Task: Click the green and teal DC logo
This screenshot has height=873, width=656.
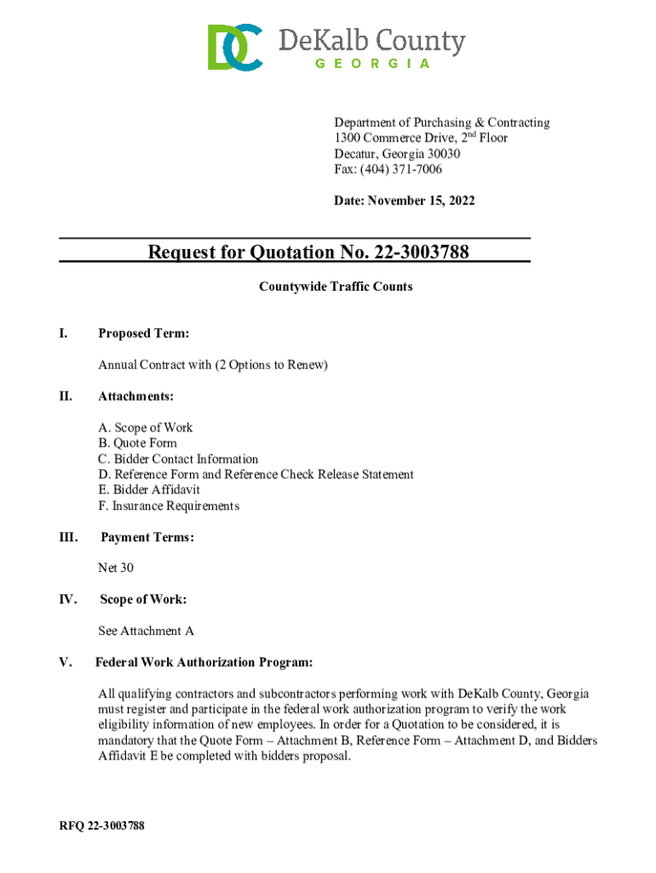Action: (234, 48)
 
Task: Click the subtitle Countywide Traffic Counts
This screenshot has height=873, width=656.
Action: (336, 286)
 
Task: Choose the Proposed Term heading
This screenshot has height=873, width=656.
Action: (144, 333)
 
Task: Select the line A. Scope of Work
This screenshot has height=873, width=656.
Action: (146, 428)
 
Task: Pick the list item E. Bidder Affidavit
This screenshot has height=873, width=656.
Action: (149, 490)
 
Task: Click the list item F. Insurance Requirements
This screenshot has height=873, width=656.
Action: (169, 506)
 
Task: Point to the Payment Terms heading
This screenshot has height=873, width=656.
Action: (147, 538)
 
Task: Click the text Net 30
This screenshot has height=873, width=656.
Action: (116, 568)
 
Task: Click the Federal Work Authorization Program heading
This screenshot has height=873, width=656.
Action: (204, 662)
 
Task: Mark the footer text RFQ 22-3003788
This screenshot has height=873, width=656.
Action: (101, 826)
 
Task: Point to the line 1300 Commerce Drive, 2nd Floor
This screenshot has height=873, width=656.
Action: (420, 138)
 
